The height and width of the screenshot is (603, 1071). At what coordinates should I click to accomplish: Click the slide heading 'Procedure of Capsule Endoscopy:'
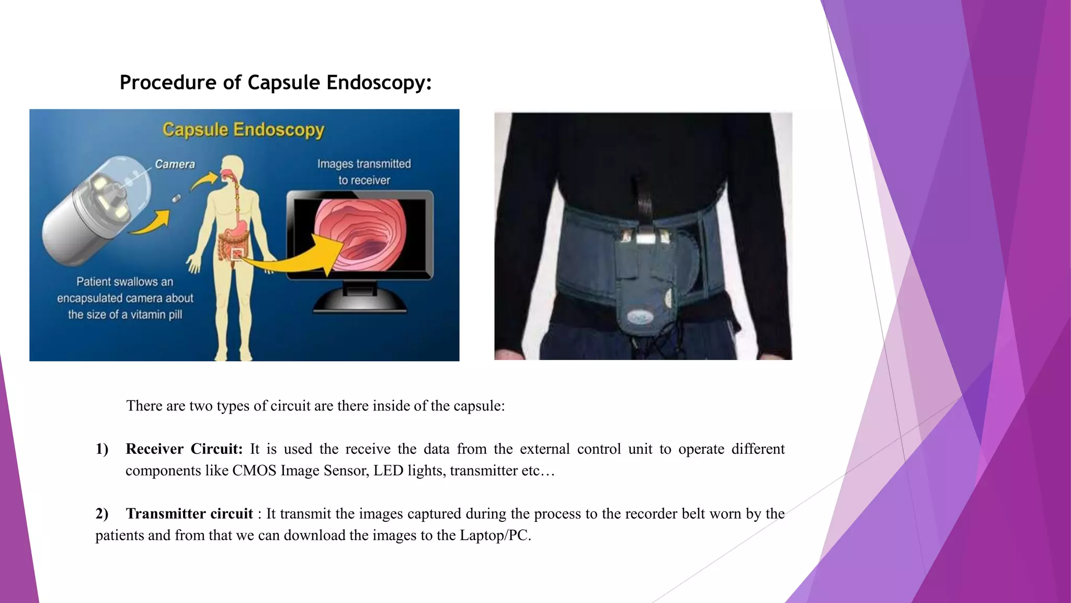(276, 83)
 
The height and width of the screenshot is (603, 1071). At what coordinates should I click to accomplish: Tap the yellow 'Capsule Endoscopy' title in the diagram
(243, 129)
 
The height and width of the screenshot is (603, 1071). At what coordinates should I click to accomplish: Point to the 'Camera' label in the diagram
(175, 164)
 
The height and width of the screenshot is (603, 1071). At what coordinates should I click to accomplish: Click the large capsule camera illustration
(94, 209)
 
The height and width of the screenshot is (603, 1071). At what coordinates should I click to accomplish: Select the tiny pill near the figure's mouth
(177, 198)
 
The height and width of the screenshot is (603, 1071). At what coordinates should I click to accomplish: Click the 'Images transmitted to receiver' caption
(364, 172)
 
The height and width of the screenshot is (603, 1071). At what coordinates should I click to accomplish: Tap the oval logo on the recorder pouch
(639, 317)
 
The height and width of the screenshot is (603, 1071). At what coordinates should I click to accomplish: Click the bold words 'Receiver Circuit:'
(184, 449)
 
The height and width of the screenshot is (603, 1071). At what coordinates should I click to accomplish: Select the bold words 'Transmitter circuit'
(189, 514)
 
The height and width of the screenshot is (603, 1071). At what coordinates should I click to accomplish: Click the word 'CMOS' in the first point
(254, 471)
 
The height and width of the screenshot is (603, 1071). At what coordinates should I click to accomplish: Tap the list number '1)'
(102, 449)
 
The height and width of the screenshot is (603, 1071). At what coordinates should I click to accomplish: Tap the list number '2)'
(102, 514)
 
